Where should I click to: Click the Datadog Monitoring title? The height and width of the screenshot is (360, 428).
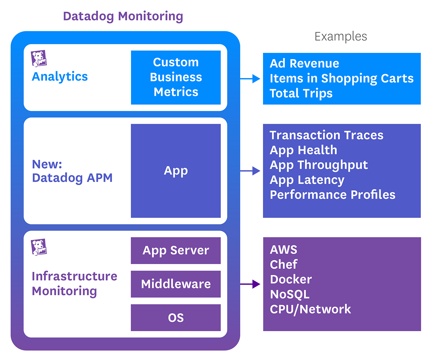[123, 16]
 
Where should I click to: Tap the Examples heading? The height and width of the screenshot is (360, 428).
[340, 36]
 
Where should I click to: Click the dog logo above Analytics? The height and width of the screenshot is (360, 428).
[39, 58]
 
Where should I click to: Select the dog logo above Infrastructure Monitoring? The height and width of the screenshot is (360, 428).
[39, 247]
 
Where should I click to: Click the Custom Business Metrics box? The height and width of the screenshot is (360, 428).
[176, 77]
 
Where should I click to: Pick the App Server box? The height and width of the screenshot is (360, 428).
[176, 250]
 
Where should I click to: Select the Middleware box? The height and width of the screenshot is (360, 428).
[176, 284]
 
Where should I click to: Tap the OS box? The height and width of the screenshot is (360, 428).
[176, 318]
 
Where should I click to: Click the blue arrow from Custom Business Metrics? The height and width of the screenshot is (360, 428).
[250, 79]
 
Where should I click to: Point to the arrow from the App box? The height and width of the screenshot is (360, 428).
[250, 171]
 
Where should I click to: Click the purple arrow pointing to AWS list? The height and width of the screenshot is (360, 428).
[250, 284]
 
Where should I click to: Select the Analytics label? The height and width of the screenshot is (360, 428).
[60, 76]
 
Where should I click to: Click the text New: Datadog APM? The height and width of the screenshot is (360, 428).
[72, 171]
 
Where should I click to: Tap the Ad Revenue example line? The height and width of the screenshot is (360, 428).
[304, 64]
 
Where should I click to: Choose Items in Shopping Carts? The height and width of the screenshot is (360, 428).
[341, 78]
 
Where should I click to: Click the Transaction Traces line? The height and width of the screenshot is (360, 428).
[326, 135]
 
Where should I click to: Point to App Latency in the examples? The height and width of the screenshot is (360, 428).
[307, 180]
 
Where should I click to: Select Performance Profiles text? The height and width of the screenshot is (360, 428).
[332, 195]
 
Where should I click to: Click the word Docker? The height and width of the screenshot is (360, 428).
[291, 279]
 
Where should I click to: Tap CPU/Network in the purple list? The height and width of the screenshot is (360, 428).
[310, 309]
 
